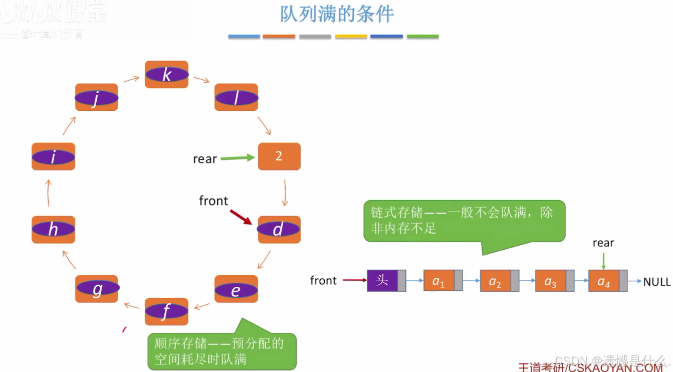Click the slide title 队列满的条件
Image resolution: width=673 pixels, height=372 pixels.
pos(337,14)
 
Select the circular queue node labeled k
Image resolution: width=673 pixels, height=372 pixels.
pos(166,75)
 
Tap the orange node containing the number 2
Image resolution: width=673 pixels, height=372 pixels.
pos(279,156)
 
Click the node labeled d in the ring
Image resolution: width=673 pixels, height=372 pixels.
pos(279,230)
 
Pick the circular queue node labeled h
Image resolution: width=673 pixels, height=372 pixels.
pos(53,230)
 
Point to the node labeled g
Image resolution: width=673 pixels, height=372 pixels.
pos(97,289)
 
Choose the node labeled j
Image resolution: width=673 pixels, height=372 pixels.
pos(96,97)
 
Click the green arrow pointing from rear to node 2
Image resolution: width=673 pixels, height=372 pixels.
pos(238,158)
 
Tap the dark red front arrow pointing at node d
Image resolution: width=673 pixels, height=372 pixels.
pos(241,217)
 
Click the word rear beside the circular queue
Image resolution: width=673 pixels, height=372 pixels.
pos(205,159)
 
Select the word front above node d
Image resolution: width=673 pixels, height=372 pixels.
pos(213,201)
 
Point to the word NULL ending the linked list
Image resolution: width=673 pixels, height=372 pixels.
pos(656,281)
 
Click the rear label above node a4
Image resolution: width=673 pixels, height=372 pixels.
pos(603,243)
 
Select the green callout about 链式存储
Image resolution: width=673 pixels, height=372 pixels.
pos(464,221)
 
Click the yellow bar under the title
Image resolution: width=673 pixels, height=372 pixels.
pos(351,37)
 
